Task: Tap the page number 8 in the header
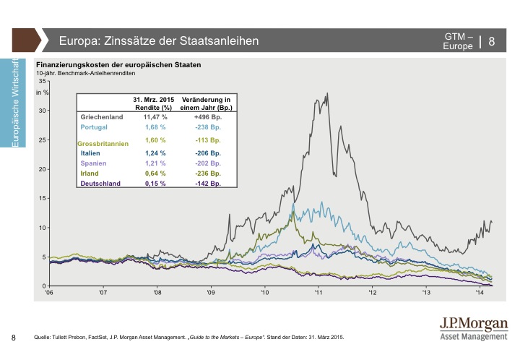tap(492, 40)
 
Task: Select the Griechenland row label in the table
tap(105, 116)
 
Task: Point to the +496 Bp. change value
tap(207, 116)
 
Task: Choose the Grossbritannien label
tap(103, 144)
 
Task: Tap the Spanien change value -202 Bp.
tap(207, 163)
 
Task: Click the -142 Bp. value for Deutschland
tap(207, 184)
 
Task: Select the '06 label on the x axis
tap(49, 294)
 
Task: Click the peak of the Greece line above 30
tap(328, 93)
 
